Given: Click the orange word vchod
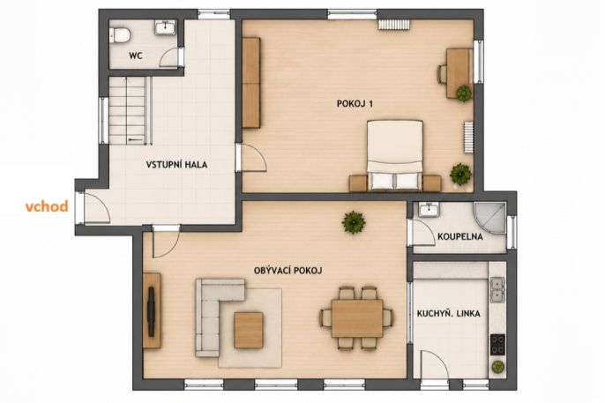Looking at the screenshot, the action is pyautogui.click(x=47, y=206).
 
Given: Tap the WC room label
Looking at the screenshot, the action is pyautogui.click(x=136, y=56).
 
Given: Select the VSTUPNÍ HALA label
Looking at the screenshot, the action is pyautogui.click(x=176, y=165).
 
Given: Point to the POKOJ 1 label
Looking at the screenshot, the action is pyautogui.click(x=355, y=104).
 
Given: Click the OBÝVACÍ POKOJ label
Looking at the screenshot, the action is pyautogui.click(x=288, y=271).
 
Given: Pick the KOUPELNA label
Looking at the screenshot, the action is pyautogui.click(x=460, y=236).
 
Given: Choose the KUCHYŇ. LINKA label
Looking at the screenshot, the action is pyautogui.click(x=449, y=314).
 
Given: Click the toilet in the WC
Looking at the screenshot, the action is pyautogui.click(x=120, y=34).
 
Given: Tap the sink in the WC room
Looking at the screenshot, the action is pyautogui.click(x=166, y=27).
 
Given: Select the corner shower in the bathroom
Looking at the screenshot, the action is pyautogui.click(x=490, y=218).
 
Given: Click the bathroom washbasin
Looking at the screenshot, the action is pyautogui.click(x=429, y=211).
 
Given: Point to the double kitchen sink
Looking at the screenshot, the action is pyautogui.click(x=497, y=289).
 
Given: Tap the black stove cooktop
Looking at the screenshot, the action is pyautogui.click(x=497, y=345).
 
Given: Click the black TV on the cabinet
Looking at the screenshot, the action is pyautogui.click(x=151, y=311).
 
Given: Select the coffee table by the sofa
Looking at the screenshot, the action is pyautogui.click(x=249, y=330).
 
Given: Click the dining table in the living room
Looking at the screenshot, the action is pyautogui.click(x=357, y=318).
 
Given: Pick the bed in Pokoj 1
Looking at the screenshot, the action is pyautogui.click(x=395, y=155).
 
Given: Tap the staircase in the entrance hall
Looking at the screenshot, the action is pyautogui.click(x=130, y=110).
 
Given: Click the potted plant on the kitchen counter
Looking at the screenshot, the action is pyautogui.click(x=497, y=367).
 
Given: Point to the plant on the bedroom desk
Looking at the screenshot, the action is pyautogui.click(x=463, y=93).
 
